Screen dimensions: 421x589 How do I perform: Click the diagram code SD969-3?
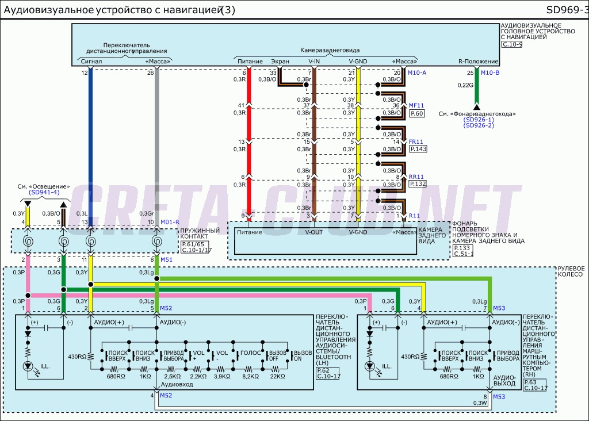coord(567,10)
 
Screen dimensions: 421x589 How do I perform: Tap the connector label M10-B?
coord(489,72)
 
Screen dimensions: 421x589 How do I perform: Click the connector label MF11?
coord(416,105)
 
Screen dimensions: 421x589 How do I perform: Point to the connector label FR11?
coord(416,141)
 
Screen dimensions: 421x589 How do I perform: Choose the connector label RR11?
coord(416,177)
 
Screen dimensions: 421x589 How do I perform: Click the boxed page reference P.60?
coord(416,114)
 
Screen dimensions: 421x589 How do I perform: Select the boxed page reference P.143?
coord(418,149)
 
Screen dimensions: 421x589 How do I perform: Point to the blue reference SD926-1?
coord(479,119)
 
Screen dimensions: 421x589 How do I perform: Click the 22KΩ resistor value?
coord(277,376)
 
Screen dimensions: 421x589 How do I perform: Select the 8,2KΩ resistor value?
coord(250,376)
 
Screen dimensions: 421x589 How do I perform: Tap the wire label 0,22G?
coord(465,85)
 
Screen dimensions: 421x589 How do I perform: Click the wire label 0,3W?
coord(480,403)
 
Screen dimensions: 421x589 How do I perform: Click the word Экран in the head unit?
coord(280,61)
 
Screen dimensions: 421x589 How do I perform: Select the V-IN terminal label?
coord(314,61)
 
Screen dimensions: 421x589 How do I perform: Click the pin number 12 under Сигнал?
coord(85,72)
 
